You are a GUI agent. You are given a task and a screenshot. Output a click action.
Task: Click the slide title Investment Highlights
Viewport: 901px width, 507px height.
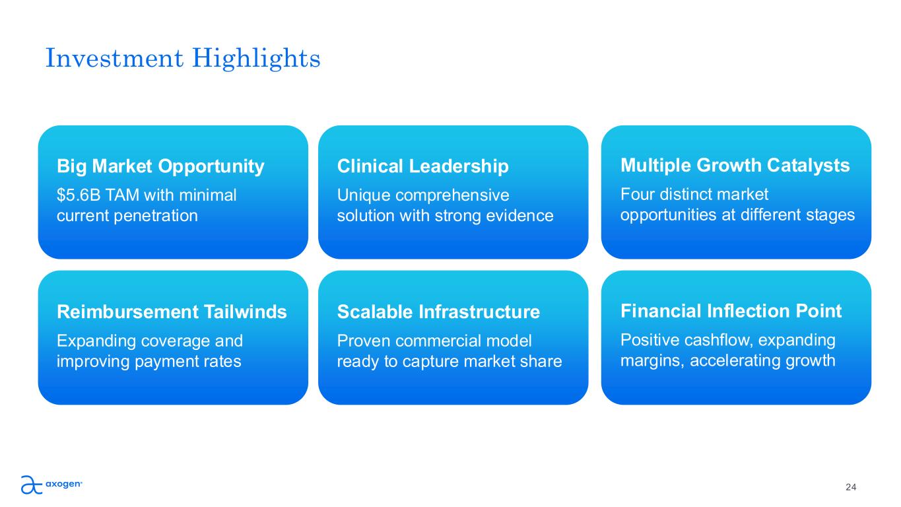183,59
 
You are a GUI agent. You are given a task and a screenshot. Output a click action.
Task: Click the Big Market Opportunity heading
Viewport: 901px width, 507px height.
160,166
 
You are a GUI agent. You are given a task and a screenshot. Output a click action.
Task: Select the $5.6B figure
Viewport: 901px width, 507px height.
79,195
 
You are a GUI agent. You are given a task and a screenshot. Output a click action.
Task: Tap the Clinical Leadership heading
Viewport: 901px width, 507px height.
422,166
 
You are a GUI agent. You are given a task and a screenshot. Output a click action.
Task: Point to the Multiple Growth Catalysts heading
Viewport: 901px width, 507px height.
735,166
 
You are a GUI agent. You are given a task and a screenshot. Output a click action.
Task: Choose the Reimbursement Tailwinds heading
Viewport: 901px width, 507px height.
172,312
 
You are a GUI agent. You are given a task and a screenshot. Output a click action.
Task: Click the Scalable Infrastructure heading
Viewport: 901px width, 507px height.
438,312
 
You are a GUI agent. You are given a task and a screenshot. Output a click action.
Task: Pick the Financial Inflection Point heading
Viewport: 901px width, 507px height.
731,311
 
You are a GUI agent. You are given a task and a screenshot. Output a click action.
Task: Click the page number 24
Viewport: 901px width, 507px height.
851,487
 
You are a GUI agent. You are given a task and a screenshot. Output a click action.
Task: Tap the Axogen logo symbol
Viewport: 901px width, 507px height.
32,485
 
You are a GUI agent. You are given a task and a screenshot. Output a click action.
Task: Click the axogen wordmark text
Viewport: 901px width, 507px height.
63,484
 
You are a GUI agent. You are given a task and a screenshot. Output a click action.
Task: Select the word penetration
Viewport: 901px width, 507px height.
156,216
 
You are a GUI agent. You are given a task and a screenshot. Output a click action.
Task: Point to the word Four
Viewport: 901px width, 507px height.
637,194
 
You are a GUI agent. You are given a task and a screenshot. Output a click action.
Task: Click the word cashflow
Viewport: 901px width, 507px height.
718,341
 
